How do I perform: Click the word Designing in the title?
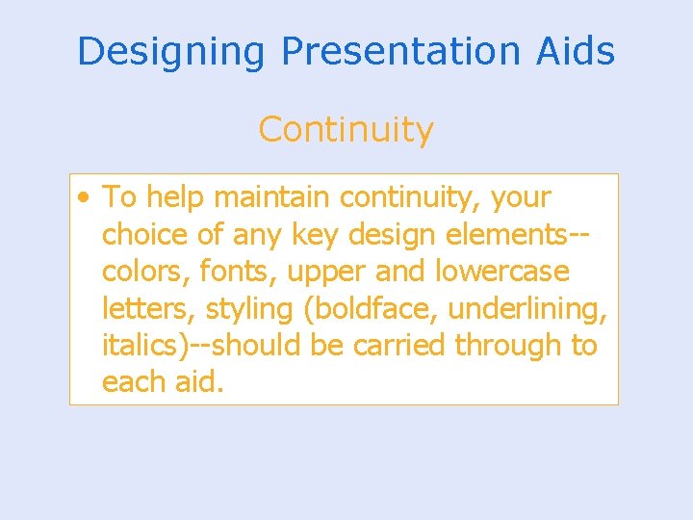coord(170,52)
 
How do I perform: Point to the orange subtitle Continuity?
coord(346,129)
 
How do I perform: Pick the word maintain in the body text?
coord(272,197)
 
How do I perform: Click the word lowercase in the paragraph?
coord(501,272)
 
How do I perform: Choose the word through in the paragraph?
coord(508,345)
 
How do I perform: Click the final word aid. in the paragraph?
coord(199,381)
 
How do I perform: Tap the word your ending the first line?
coord(521,198)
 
